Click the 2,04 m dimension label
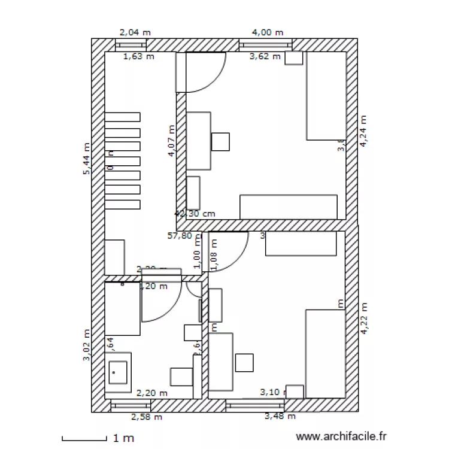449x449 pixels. [x=135, y=33]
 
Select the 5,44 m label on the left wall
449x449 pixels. [x=87, y=159]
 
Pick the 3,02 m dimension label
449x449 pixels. [x=87, y=346]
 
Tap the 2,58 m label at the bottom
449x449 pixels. [x=147, y=417]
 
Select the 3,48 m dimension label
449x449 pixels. [x=280, y=417]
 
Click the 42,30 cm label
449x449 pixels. [x=195, y=213]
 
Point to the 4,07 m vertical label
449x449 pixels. [x=172, y=141]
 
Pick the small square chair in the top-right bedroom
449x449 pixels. [x=221, y=141]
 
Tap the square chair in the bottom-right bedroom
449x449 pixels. [x=244, y=362]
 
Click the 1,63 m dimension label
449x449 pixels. [x=138, y=57]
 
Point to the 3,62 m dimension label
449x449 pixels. [x=265, y=57]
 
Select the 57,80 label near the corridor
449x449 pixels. [x=180, y=236]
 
